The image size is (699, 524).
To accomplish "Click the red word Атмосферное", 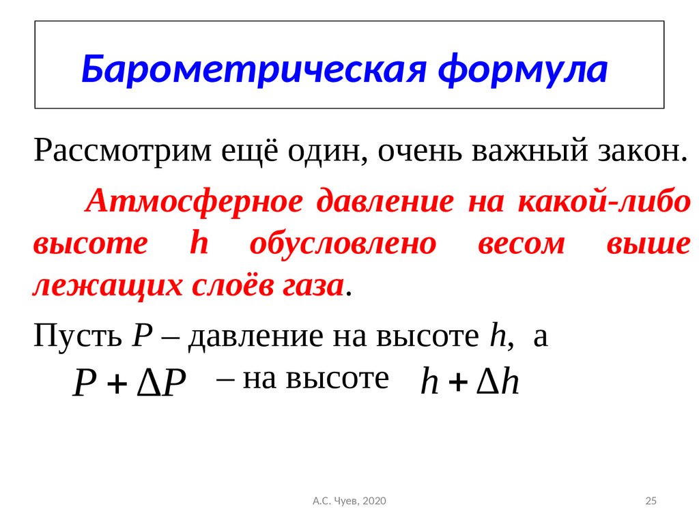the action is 194,201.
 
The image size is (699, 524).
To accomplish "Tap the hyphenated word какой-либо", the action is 604,201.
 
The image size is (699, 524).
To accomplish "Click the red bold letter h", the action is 199,242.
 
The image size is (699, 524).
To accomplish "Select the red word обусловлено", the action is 343,244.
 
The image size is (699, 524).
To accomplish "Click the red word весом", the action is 522,245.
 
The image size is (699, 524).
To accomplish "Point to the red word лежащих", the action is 107,286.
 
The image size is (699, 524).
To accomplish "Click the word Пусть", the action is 78,335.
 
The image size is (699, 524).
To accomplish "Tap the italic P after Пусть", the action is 143,336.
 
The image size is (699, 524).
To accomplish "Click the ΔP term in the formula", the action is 161,383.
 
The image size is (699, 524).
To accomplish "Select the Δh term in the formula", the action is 498,382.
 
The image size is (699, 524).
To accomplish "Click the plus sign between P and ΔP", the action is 117,385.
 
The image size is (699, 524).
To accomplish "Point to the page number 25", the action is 651,501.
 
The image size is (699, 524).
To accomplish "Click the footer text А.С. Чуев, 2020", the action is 349,501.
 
